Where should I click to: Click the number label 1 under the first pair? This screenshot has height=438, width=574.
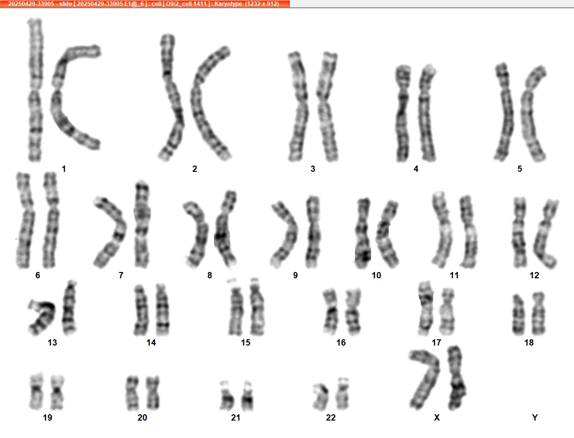click(x=63, y=169)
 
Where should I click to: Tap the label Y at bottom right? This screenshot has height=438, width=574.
click(x=535, y=418)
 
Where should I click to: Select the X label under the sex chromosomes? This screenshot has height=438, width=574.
click(x=437, y=418)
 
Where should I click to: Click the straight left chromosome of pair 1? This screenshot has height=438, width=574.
click(x=35, y=90)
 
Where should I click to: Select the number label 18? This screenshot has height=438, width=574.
click(x=529, y=343)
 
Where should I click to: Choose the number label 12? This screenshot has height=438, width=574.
click(x=534, y=275)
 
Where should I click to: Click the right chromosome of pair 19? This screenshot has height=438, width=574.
click(x=57, y=392)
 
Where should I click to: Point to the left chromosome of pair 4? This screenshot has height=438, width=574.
click(x=403, y=113)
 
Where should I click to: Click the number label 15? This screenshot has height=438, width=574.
click(x=246, y=343)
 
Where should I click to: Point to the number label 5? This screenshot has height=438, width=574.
click(x=520, y=169)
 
